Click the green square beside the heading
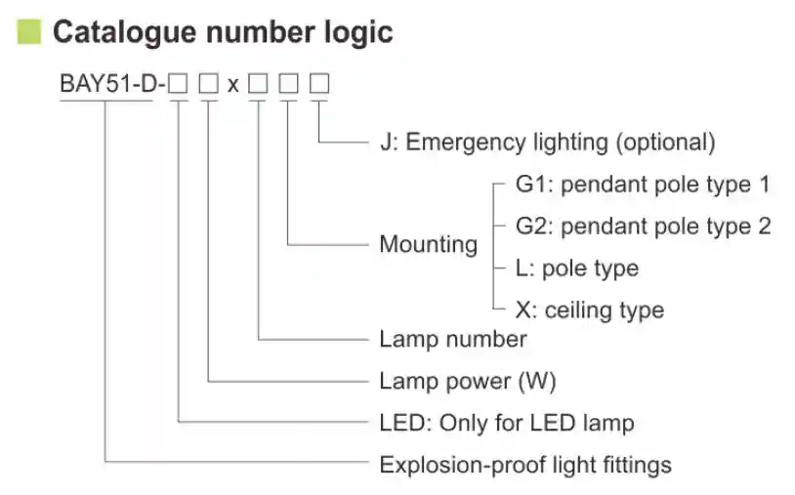point(29,31)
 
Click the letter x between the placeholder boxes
point(232,85)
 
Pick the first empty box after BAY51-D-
point(178,84)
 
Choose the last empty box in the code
point(319,84)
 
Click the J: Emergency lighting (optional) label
point(547,142)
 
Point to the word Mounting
point(428,243)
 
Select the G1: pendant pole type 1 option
point(643,184)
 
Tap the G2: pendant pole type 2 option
point(643,227)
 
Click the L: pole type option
point(576,268)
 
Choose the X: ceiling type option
point(589,310)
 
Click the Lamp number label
point(452,339)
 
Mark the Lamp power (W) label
point(467,381)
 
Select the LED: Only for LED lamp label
point(506,423)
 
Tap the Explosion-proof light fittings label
point(524,464)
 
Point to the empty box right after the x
point(258,84)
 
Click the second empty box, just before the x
point(208,84)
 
